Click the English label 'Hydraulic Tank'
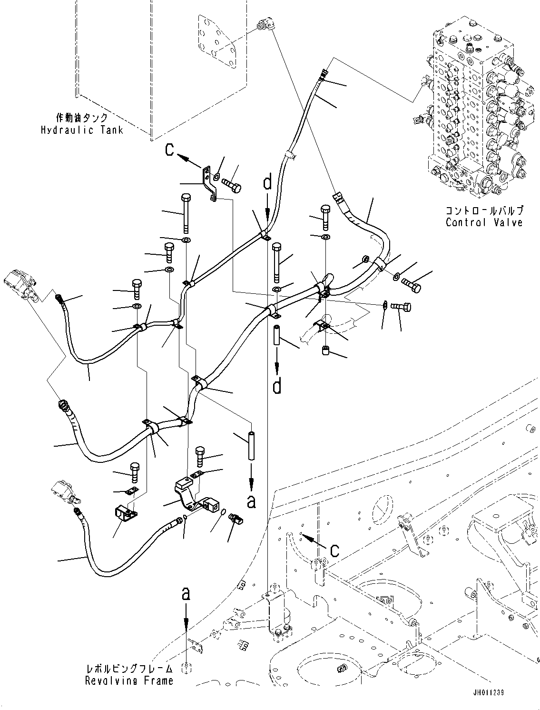click(x=81, y=130)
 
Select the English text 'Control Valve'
click(x=484, y=222)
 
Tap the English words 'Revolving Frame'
click(x=129, y=681)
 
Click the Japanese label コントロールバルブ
click(x=484, y=210)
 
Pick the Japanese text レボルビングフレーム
click(x=129, y=669)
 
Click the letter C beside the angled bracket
click(x=170, y=150)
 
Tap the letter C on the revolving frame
click(x=334, y=550)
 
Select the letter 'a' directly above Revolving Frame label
click(x=186, y=594)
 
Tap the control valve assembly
click(x=476, y=110)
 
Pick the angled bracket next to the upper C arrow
click(x=210, y=182)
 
